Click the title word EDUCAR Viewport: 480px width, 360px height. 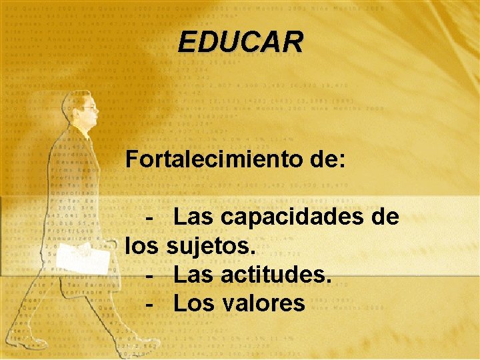pos(240,42)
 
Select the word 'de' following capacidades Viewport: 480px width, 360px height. pos(385,217)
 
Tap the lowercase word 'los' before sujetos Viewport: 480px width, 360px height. pos(141,246)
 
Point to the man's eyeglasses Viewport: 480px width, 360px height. pos(89,107)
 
